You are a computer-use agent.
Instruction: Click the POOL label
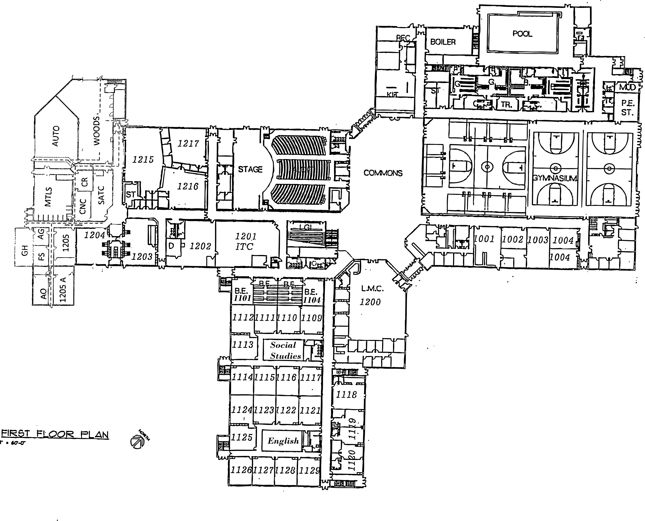pos(522,34)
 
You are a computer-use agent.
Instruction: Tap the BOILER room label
pos(443,42)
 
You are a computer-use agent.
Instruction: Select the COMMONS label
pos(383,173)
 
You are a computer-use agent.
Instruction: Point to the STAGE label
pos(250,170)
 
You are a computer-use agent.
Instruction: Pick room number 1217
pos(188,144)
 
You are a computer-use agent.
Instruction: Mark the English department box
pos(283,441)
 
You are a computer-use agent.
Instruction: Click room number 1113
pos(243,345)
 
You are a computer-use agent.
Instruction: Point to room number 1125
pos(241,437)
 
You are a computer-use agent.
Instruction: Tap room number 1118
pos(346,394)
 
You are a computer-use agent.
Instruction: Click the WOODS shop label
pos(97,131)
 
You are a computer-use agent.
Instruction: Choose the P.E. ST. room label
pos(627,108)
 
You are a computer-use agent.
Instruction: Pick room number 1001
pos(484,239)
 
